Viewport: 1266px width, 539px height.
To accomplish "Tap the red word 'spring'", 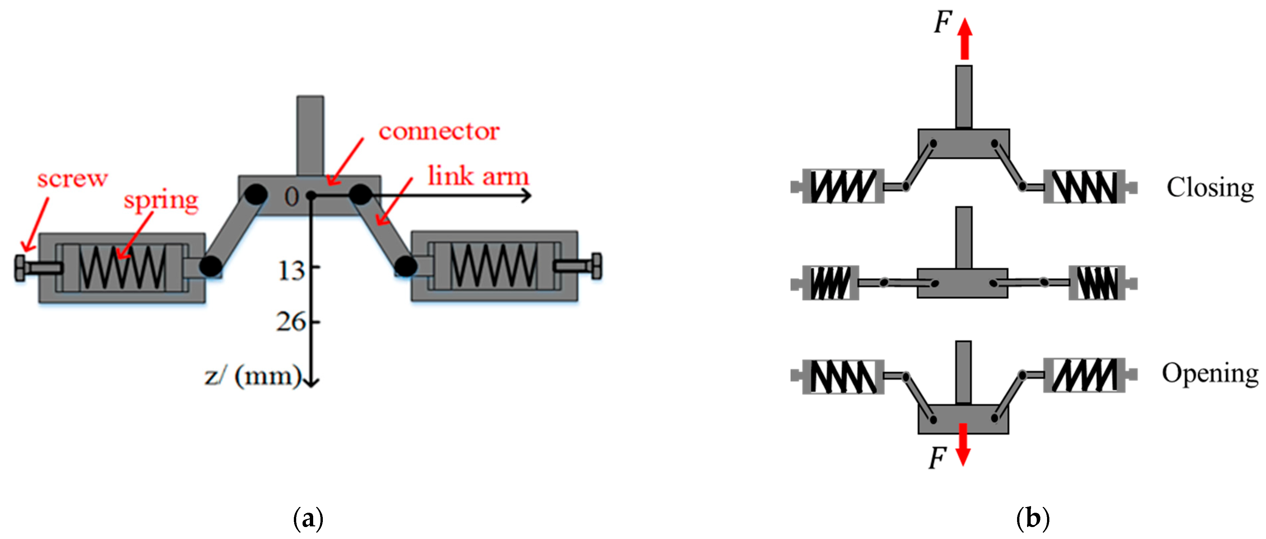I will click(161, 201).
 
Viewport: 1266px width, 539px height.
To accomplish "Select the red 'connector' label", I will click(439, 132).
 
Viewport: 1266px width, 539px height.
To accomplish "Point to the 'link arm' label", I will click(478, 176).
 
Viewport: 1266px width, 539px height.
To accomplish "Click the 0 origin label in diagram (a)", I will click(292, 197).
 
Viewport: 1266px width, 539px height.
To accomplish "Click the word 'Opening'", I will click(1210, 374).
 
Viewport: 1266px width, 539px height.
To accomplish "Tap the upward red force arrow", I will click(965, 39).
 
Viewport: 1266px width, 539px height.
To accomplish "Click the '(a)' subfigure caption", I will click(308, 518).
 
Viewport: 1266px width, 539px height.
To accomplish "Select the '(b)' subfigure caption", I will click(1033, 518).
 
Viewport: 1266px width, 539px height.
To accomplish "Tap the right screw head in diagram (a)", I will click(597, 266).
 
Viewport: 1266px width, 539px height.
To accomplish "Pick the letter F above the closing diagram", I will click(943, 22).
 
